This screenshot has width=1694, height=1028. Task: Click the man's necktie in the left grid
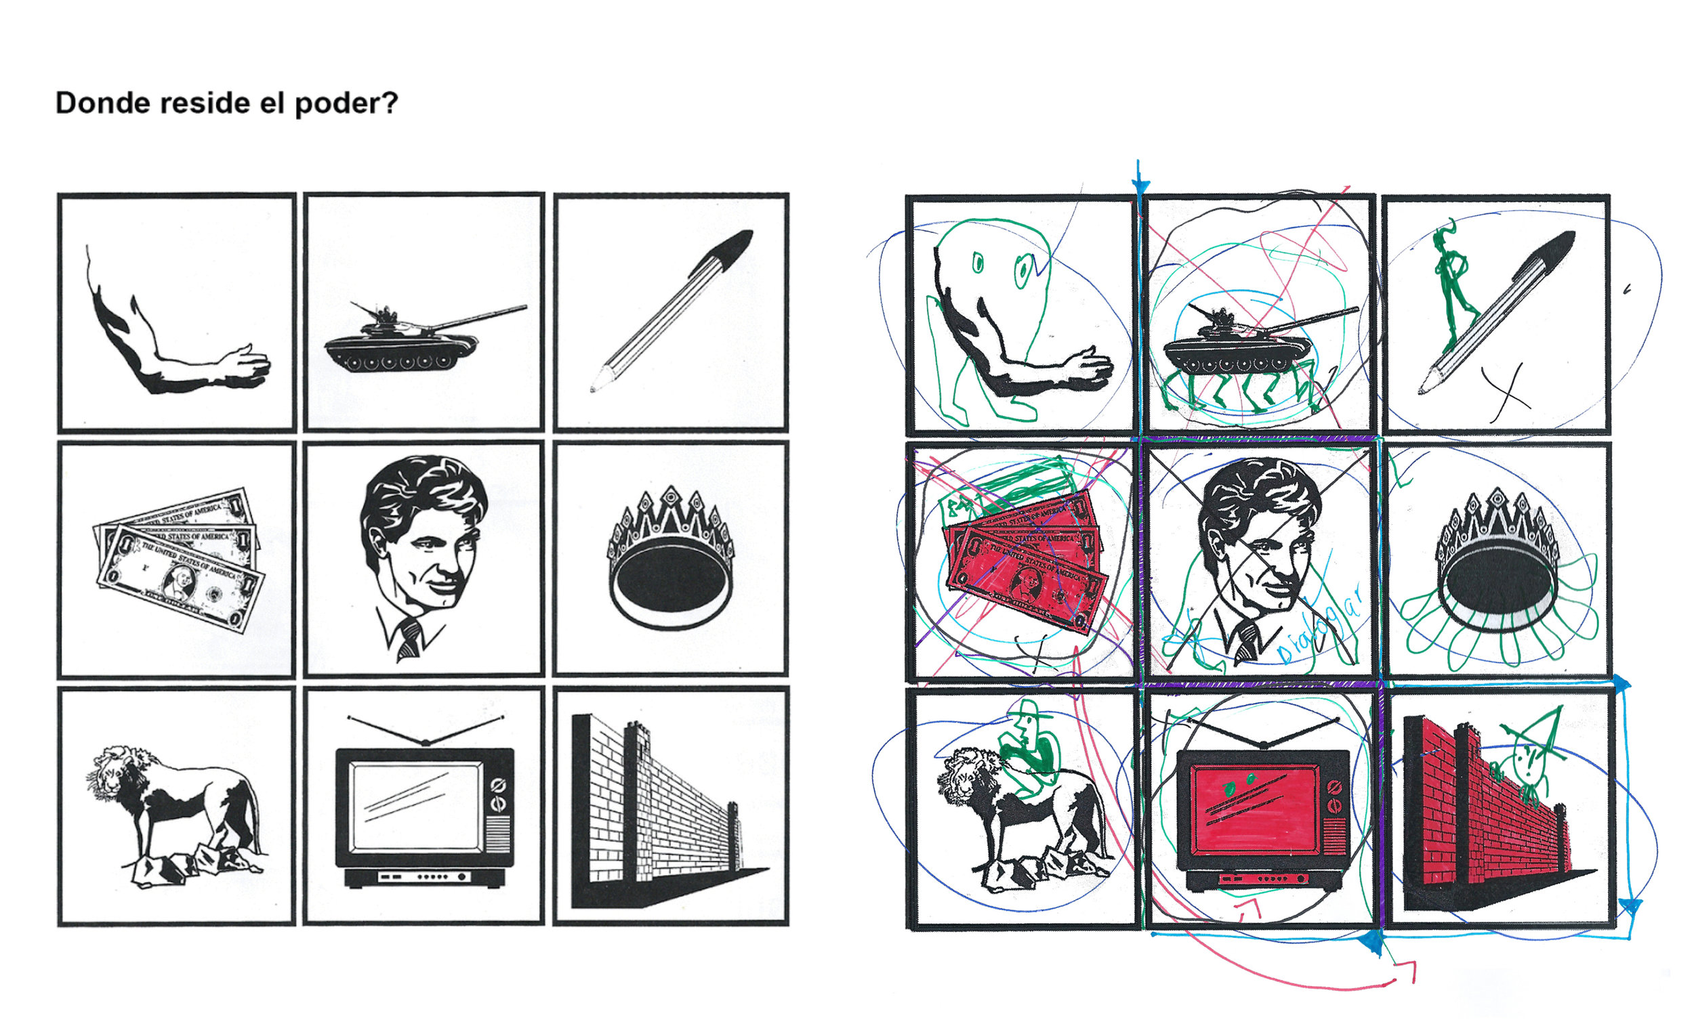[410, 639]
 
